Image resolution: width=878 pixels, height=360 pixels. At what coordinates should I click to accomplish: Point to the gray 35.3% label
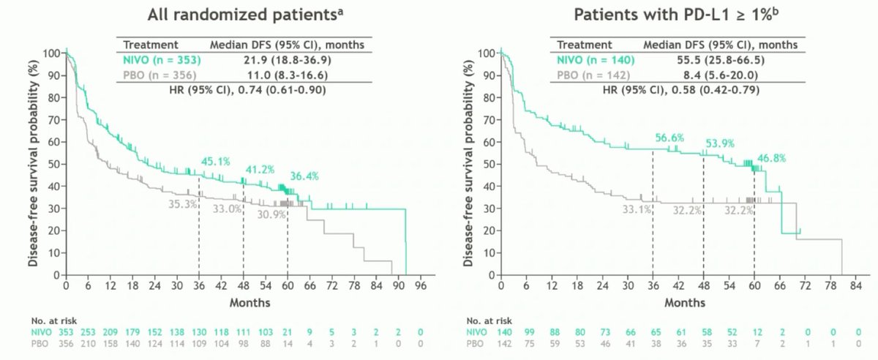click(x=183, y=205)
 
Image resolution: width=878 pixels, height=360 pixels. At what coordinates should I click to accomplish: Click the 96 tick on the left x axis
click(x=421, y=287)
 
